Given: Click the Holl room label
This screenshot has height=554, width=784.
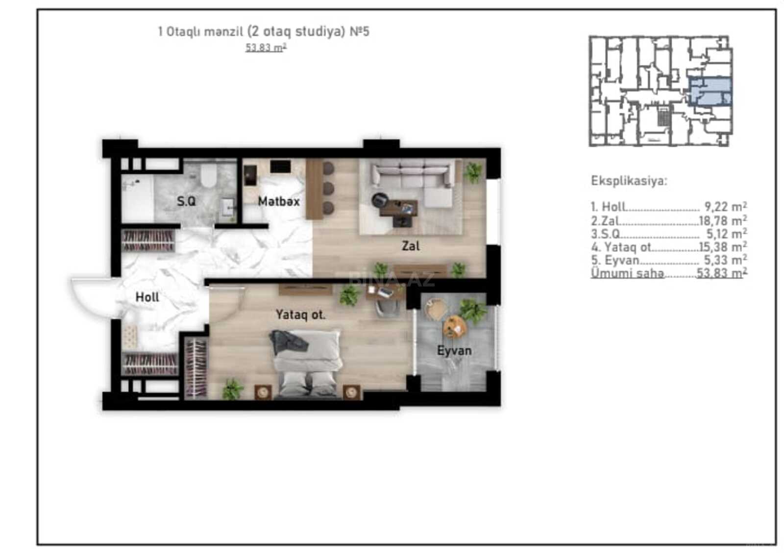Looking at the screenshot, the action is coord(147,297).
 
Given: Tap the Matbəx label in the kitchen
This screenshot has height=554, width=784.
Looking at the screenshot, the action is coord(279,201).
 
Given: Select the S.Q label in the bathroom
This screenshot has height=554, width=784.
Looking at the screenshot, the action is coord(186,201).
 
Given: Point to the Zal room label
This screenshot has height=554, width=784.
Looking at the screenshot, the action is coord(411,246).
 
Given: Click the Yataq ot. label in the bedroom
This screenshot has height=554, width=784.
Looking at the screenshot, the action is coord(301,314).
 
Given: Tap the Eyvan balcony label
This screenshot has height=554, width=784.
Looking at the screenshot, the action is coord(454,350).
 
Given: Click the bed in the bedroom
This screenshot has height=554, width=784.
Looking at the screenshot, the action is coord(306,364).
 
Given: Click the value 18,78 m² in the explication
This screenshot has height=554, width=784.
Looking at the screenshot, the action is coord(723,220).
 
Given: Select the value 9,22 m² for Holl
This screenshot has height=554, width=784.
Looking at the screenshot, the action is coord(726,207).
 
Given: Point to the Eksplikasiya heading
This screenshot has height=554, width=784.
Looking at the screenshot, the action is coord(629,181).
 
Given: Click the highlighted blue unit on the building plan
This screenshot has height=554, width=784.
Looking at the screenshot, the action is coord(710,91).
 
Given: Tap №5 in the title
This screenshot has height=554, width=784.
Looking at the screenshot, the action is coord(360,31).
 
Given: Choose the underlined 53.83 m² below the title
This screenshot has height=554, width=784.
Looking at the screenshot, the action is coord(266,47).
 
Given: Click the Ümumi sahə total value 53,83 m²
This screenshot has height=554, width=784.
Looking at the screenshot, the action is coord(722,273).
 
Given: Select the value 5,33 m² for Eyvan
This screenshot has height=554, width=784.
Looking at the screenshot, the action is coord(726,260).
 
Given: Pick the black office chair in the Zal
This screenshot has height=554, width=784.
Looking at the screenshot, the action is coord(380,200).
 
